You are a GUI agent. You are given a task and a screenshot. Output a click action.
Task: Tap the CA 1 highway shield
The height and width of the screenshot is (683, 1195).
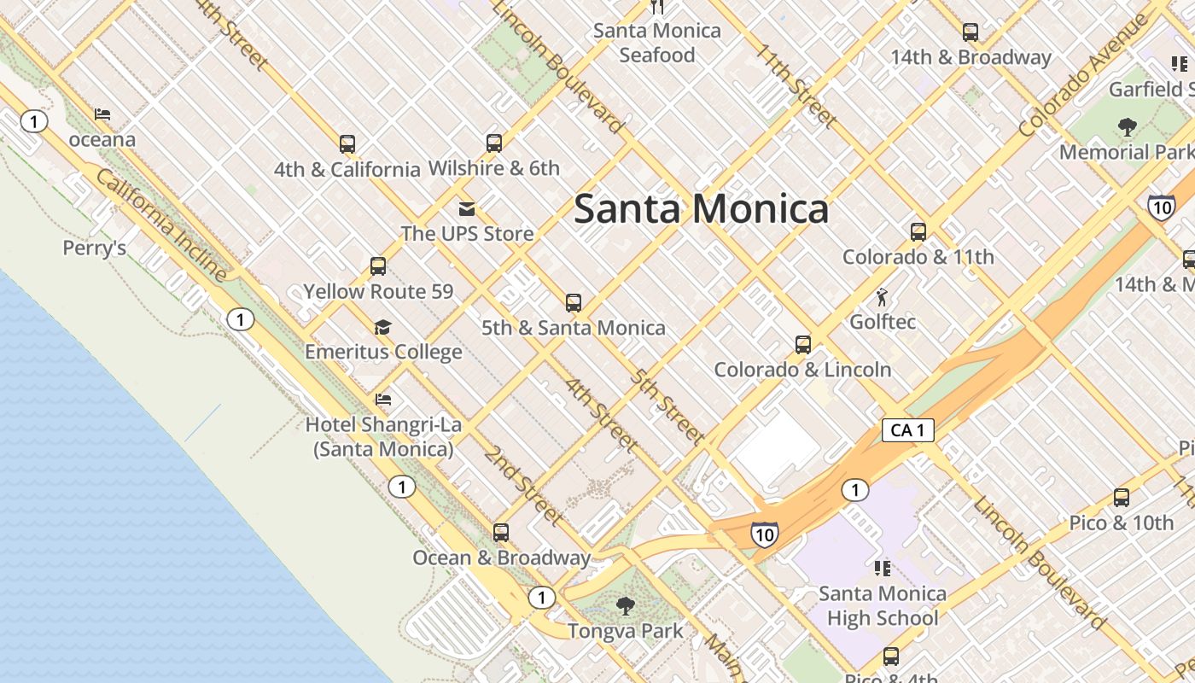pos(907,430)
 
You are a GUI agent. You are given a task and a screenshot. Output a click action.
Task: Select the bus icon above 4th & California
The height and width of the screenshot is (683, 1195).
pos(347,143)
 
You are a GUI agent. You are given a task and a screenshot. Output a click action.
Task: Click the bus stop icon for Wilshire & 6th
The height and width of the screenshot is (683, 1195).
pos(493,143)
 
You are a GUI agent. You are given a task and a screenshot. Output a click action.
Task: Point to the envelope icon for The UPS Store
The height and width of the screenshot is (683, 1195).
pos(466,208)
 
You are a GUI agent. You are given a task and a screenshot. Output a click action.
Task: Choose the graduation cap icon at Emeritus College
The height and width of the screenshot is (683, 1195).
pos(382,327)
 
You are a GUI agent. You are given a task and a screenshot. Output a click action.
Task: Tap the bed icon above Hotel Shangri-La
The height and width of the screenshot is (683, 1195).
pos(383,399)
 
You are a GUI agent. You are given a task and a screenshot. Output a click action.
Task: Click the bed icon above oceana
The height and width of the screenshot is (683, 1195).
pos(102,114)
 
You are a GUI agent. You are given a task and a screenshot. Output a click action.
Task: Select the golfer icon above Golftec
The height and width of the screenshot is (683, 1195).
pos(882,297)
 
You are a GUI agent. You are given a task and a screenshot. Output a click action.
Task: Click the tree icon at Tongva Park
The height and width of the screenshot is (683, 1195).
pos(625,606)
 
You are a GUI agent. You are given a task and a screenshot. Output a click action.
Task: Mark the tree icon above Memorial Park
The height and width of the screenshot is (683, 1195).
pos(1127,127)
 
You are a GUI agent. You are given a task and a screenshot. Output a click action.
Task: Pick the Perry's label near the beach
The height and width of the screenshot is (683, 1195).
pos(95,248)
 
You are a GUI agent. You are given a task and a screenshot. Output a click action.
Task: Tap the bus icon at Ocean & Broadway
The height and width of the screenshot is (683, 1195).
pos(501,533)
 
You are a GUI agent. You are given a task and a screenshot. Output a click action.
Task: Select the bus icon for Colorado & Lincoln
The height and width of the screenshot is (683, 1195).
pos(802,345)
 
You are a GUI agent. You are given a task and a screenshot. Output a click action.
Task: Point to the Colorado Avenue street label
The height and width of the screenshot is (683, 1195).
pos(1082,77)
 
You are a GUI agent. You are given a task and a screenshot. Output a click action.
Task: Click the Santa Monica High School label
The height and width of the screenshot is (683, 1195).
pos(882,605)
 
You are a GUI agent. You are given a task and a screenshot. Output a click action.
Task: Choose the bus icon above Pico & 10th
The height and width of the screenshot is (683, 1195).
pos(1122,498)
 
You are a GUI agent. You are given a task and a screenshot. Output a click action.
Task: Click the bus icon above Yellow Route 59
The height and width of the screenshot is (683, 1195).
pos(378,266)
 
